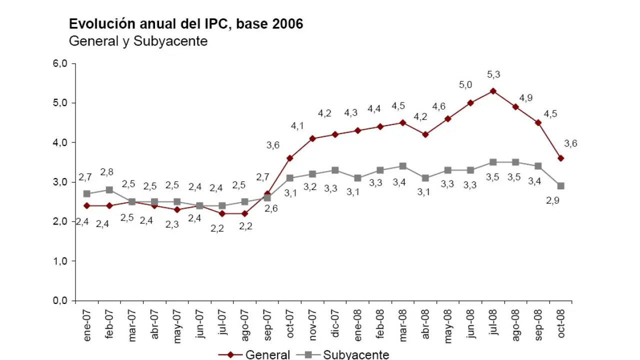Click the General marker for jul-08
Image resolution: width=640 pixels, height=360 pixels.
tap(493, 91)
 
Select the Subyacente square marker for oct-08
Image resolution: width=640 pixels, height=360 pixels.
tap(561, 186)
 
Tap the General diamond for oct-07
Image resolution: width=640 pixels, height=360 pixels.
tap(290, 158)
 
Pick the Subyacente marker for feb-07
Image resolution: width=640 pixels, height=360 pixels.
tap(109, 190)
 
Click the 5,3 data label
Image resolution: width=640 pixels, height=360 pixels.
tap(493, 75)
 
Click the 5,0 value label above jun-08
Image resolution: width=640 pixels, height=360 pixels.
tap(465, 85)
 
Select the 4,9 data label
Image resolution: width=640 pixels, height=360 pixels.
tap(525, 98)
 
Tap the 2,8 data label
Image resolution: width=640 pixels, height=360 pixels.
tap(106, 172)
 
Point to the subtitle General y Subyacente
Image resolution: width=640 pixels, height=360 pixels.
tap(138, 41)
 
